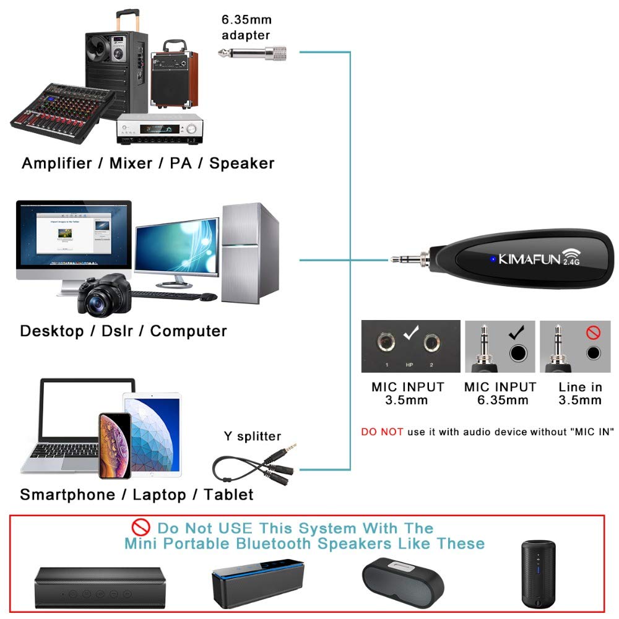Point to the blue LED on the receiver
[493, 259]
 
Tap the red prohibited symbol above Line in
[593, 334]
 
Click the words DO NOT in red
[382, 431]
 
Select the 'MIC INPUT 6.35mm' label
[500, 393]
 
